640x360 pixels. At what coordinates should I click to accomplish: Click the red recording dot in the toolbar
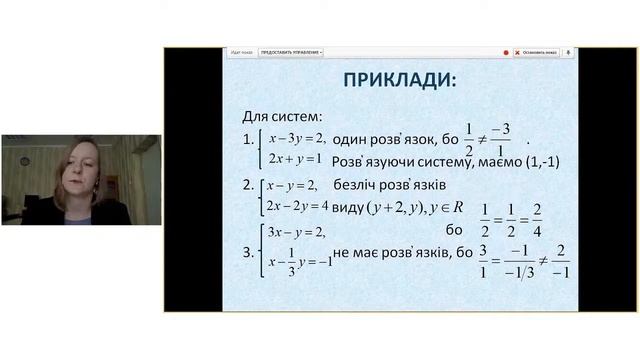coord(506,52)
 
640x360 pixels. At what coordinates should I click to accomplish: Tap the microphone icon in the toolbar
coord(568,52)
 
